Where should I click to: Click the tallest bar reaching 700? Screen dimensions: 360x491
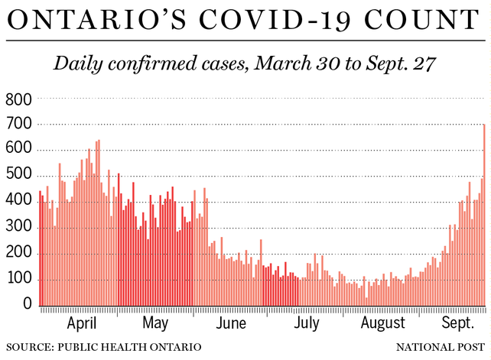click(484, 214)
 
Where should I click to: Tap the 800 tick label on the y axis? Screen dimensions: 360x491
click(18, 99)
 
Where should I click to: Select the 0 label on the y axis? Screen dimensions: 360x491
click(28, 305)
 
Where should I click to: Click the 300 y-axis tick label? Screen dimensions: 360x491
click(18, 228)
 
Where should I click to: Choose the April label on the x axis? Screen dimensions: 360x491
click(83, 324)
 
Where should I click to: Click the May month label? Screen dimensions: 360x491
click(155, 324)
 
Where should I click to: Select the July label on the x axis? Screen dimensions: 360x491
click(307, 324)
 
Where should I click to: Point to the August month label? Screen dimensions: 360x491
click(383, 324)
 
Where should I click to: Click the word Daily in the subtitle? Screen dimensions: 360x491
click(80, 64)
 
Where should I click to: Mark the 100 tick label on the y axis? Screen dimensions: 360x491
click(18, 280)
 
